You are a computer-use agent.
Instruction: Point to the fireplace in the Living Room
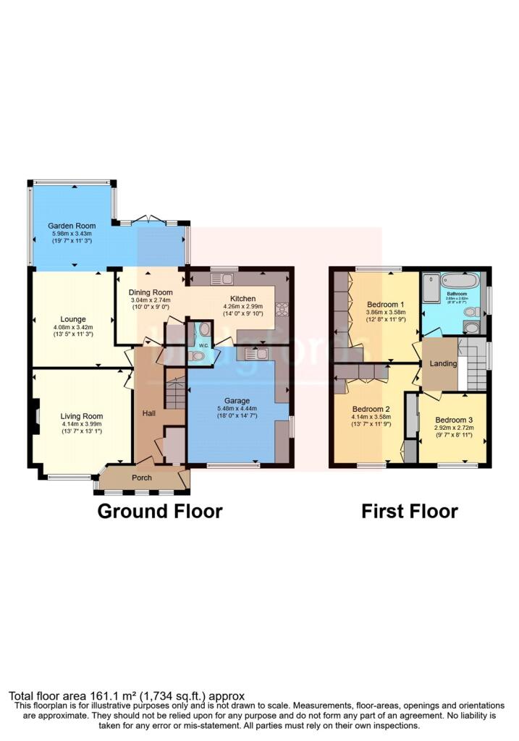(x=33, y=418)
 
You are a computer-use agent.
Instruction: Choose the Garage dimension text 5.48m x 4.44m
(x=237, y=409)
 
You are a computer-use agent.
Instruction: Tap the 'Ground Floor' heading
(x=159, y=512)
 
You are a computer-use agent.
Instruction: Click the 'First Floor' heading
(x=410, y=512)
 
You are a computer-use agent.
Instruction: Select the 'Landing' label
(x=441, y=365)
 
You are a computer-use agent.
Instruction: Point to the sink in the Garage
(x=256, y=353)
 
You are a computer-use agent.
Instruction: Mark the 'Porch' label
(x=142, y=478)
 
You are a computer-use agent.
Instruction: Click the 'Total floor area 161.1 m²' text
(x=127, y=695)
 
